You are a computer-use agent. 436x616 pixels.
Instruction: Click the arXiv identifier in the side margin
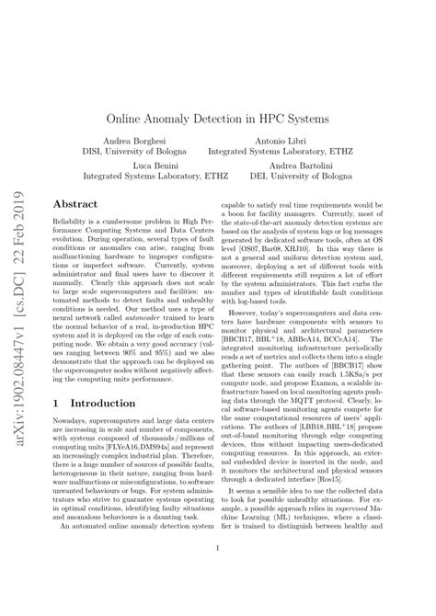18,308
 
